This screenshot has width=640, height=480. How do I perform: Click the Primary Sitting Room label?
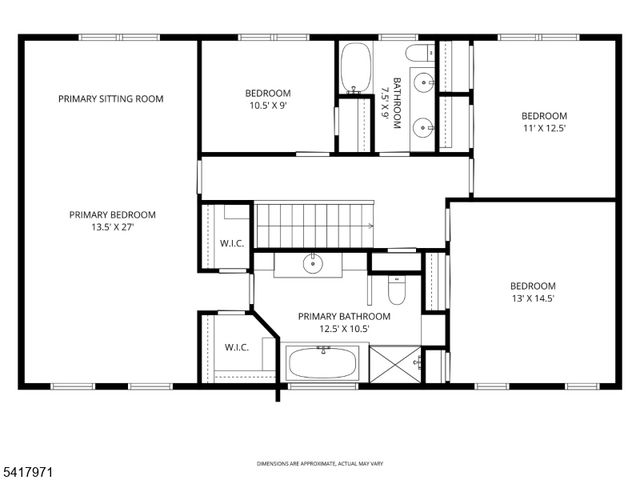click(111, 98)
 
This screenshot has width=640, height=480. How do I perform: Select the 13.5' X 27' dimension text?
click(112, 227)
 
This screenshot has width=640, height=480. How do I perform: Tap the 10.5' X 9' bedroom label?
click(268, 104)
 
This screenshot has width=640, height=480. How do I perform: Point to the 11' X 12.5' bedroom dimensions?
click(543, 128)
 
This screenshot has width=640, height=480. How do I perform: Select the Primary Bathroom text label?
click(344, 316)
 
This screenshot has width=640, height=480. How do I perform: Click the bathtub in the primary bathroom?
click(323, 362)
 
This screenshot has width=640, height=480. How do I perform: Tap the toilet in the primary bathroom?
click(394, 291)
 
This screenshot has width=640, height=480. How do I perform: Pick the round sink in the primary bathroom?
click(313, 264)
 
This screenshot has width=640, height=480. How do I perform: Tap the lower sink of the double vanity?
click(423, 126)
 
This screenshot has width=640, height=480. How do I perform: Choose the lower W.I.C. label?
click(236, 347)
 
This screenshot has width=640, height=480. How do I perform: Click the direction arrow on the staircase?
click(370, 227)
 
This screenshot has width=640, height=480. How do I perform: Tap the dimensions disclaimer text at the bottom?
click(320, 464)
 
